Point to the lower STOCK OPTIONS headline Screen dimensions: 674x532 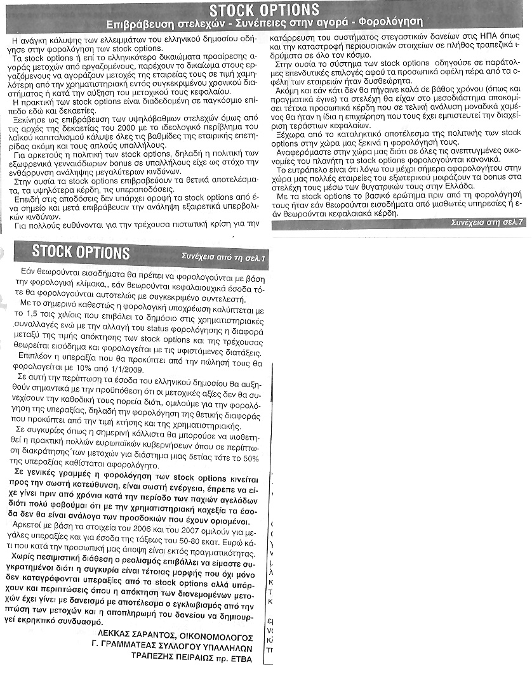tap(81, 253)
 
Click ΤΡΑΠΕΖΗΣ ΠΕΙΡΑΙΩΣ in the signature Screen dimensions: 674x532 tap(171, 659)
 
